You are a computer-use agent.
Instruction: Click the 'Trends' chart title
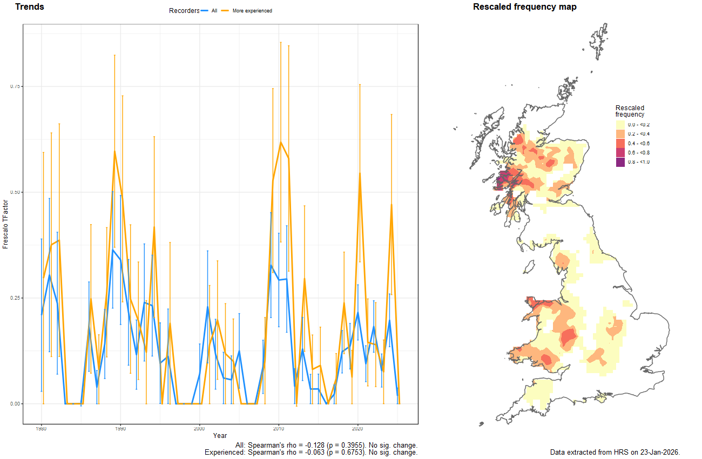tap(30, 7)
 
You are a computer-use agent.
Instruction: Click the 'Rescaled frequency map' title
tap(524, 7)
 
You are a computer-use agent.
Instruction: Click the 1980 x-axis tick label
tap(42, 429)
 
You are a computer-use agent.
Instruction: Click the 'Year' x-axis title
tap(220, 436)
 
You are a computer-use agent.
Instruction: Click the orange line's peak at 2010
tap(281, 142)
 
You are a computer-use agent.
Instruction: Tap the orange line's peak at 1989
tap(114, 151)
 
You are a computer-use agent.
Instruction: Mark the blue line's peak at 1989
tap(112, 250)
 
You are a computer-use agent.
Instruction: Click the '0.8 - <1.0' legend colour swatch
tap(620, 162)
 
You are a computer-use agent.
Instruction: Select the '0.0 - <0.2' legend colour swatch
tap(620, 125)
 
